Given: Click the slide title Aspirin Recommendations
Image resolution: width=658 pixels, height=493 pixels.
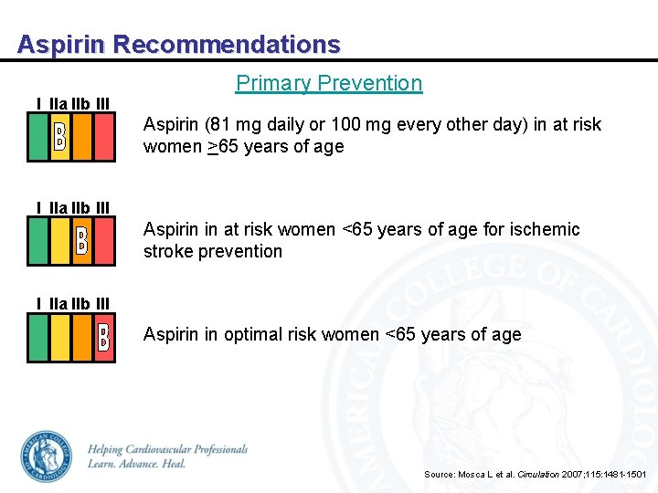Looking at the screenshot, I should (x=179, y=44).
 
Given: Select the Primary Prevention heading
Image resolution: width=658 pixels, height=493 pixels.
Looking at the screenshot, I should (x=329, y=83).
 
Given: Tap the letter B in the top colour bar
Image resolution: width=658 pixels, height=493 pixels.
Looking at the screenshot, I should (x=59, y=137).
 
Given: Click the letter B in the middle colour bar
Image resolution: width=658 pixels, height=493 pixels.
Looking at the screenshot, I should (x=81, y=240).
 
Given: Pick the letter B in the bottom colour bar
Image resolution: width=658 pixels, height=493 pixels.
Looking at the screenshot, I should (x=103, y=338).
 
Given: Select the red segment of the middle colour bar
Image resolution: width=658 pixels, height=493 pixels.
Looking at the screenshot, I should (x=104, y=240).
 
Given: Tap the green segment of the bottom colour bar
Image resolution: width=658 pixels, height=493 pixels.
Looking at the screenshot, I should (x=38, y=338).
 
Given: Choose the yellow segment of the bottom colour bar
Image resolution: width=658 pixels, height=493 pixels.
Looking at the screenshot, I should (x=60, y=338).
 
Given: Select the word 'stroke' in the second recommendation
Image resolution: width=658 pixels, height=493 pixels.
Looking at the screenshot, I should (x=167, y=251).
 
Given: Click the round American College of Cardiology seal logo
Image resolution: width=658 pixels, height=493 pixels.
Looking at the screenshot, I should (x=46, y=456).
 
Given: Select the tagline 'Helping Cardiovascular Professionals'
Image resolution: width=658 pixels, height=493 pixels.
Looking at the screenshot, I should (x=168, y=449).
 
